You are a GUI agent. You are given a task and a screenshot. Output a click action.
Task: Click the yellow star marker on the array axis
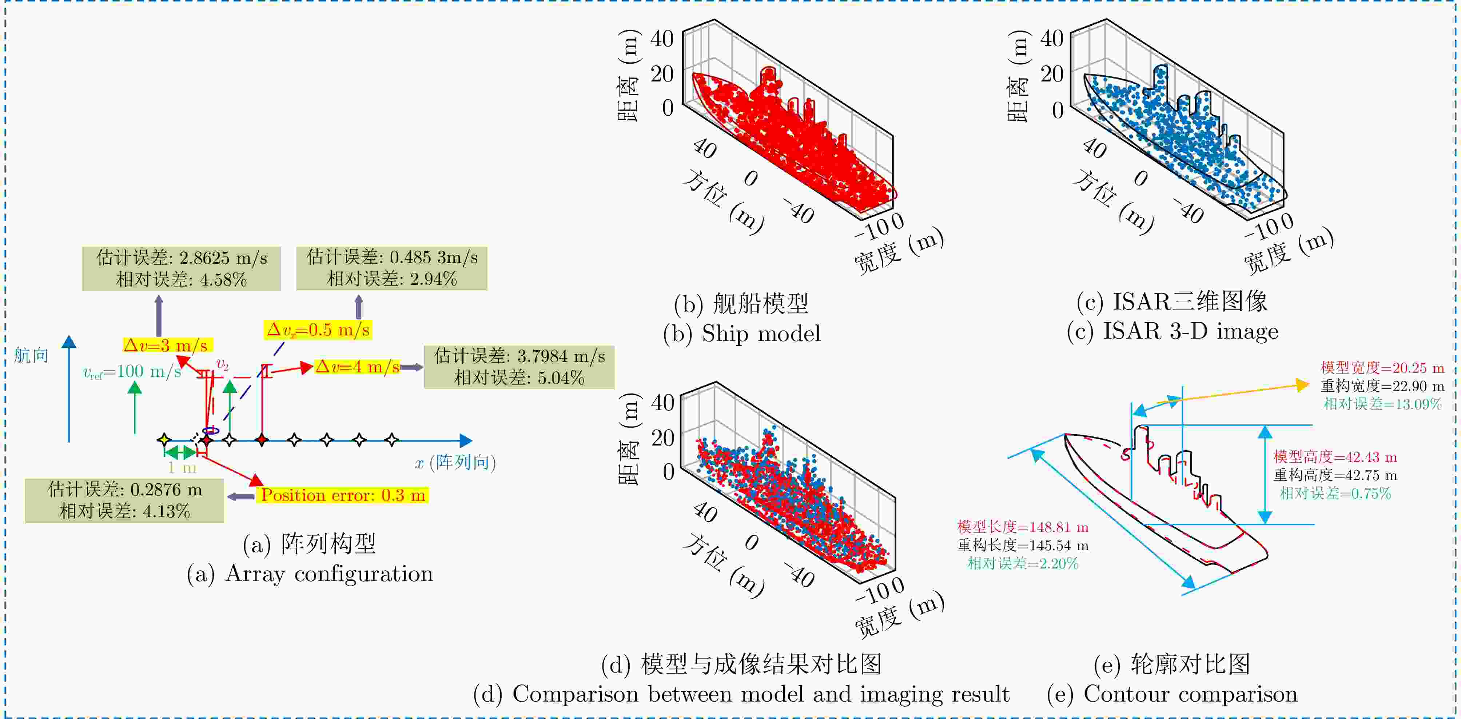[x=164, y=439]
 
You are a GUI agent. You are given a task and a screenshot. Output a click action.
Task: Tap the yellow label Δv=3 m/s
[x=168, y=345]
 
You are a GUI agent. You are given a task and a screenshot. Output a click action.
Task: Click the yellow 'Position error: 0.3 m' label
[x=343, y=495]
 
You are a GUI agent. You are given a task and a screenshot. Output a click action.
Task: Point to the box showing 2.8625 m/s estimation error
[x=182, y=268]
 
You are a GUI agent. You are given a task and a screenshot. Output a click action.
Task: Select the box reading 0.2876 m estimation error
[x=125, y=500]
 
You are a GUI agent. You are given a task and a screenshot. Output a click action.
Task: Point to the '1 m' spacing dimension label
[x=182, y=468]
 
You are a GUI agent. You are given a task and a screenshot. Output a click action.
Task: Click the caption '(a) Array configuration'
[x=310, y=574]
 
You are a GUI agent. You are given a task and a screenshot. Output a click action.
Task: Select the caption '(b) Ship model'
[x=741, y=333]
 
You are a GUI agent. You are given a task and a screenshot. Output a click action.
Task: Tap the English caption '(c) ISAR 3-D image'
[x=1172, y=331]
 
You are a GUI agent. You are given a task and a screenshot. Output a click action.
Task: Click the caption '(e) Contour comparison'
[x=1172, y=694]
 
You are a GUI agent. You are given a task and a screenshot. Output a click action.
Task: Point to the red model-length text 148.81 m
[x=1023, y=527]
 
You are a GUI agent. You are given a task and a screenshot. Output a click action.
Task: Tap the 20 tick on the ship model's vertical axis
[x=662, y=74]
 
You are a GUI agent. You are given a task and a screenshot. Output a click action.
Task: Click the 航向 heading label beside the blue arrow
[x=31, y=356]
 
